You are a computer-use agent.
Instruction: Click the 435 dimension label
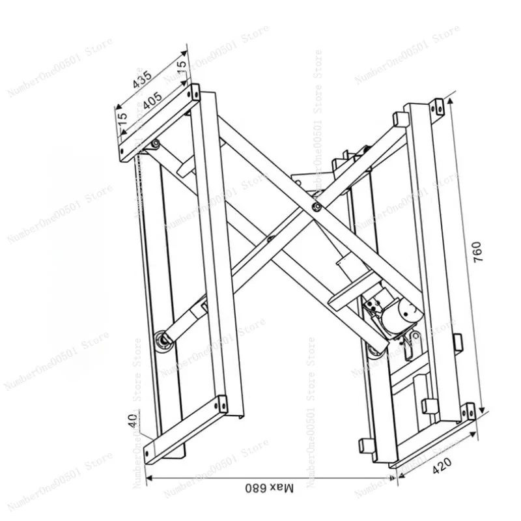tap(142, 79)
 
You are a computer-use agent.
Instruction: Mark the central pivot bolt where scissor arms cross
tap(316, 207)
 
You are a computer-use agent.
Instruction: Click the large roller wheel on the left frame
tap(161, 341)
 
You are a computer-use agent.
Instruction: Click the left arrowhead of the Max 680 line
tap(148, 479)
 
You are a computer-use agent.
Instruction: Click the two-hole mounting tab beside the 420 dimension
tap(467, 412)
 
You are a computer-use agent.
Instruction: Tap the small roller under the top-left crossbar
tap(154, 145)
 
